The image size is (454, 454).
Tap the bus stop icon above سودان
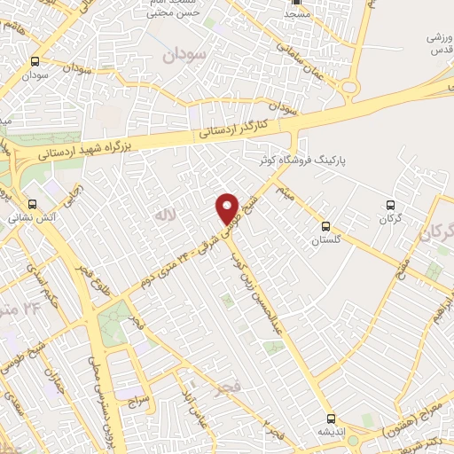click(x=35, y=61)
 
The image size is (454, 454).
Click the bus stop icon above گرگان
click(x=390, y=204)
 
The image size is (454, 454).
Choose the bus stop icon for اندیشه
click(x=330, y=417)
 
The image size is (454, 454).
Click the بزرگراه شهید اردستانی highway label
click(x=98, y=148)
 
